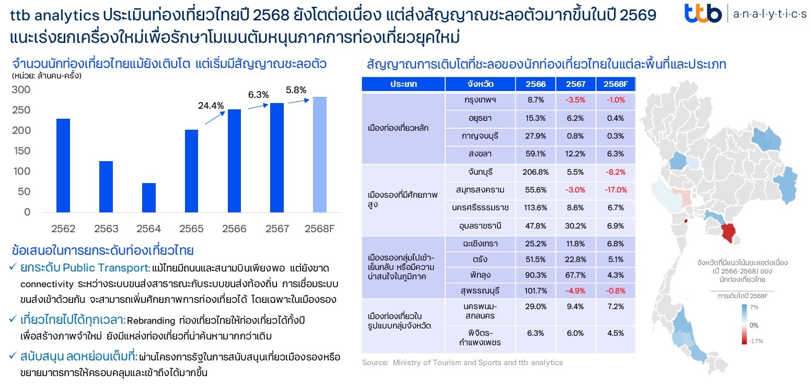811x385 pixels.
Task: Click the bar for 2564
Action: click(148, 198)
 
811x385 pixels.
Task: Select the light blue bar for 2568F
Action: click(320, 155)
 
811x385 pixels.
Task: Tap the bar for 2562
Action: click(63, 165)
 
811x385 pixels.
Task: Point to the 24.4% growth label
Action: click(211, 106)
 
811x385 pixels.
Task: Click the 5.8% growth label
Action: click(296, 90)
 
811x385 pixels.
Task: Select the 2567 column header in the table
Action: click(575, 84)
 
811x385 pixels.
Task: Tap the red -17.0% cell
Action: click(615, 190)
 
